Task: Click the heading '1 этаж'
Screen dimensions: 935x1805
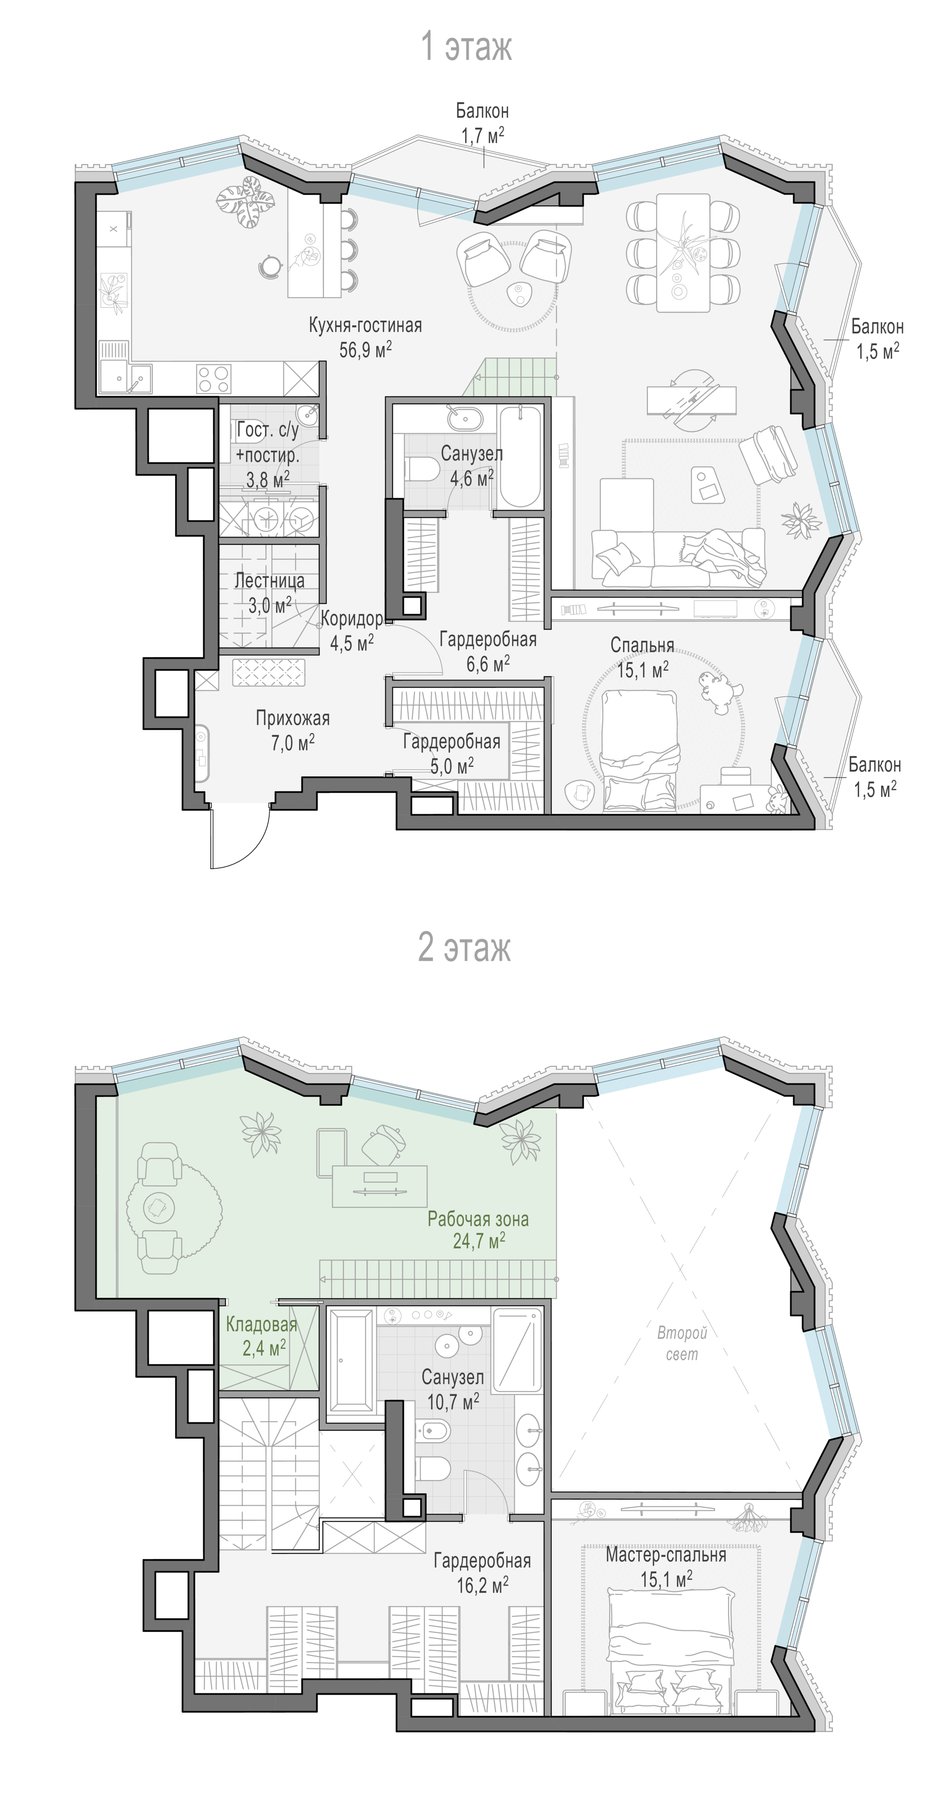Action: pos(466,47)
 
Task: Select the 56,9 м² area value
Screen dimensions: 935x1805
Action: pos(365,349)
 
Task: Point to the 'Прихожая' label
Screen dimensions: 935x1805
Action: pos(292,718)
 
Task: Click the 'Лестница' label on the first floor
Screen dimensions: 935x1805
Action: pos(269,581)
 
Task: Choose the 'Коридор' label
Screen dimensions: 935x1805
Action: pos(351,619)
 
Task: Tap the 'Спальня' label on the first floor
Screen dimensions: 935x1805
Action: pos(642,645)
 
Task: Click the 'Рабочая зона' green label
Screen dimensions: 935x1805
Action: pos(478,1219)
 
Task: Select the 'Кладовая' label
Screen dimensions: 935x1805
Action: pos(261,1325)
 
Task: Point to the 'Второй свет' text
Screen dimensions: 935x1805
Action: pos(682,1344)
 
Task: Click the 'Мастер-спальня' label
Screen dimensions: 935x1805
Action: pos(666,1555)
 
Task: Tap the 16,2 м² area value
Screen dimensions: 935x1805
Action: pos(482,1585)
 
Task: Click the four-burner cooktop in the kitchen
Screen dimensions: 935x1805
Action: pos(214,379)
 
